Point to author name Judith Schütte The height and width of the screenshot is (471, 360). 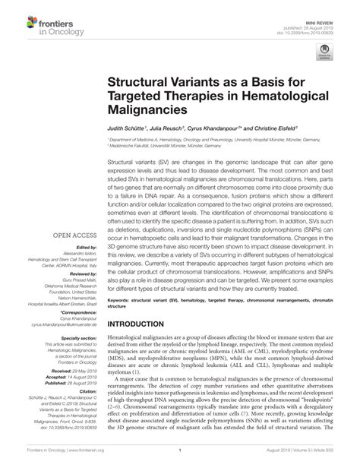129,131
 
